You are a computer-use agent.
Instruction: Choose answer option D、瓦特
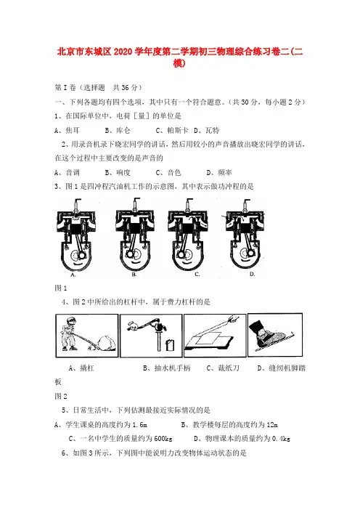pos(207,131)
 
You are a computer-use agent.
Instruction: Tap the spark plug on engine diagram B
pos(135,204)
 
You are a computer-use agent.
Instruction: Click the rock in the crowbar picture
pos(106,343)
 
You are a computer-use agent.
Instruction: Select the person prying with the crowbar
pos(70,333)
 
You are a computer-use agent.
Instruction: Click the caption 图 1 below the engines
pos(61,288)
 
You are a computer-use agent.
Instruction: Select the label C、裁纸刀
pos(223,368)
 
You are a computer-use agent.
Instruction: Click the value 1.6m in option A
pos(139,424)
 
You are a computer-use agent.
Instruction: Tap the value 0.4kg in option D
pos(281,439)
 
